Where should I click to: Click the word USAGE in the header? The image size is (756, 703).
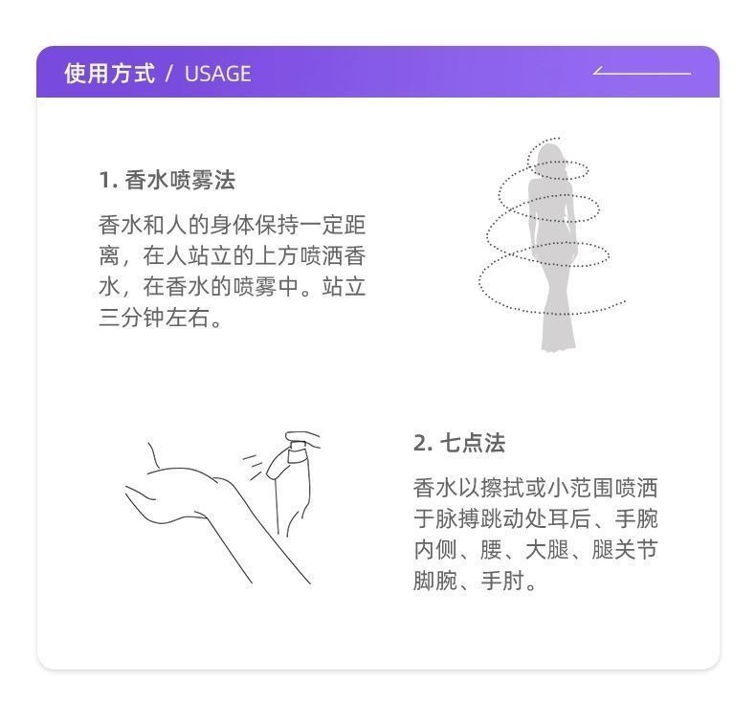point(218,74)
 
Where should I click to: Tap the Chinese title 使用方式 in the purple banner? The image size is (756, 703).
point(110,74)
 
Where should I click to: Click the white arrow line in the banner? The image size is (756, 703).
point(642,72)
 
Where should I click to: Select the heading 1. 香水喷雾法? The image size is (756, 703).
point(167,180)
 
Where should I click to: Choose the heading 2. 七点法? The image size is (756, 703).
point(459,443)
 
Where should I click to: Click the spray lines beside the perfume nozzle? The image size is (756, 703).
point(254,465)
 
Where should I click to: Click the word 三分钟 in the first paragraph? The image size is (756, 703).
point(132,318)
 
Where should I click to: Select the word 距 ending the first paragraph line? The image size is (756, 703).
point(354,225)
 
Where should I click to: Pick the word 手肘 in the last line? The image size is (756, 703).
point(502,581)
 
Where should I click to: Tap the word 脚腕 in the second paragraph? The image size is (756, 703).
point(435,581)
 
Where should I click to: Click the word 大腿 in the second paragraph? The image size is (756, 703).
point(547,549)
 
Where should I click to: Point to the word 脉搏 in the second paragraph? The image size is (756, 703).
point(458,518)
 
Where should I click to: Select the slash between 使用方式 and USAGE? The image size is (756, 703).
point(169,74)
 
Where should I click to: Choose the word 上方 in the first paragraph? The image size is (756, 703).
point(277,256)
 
